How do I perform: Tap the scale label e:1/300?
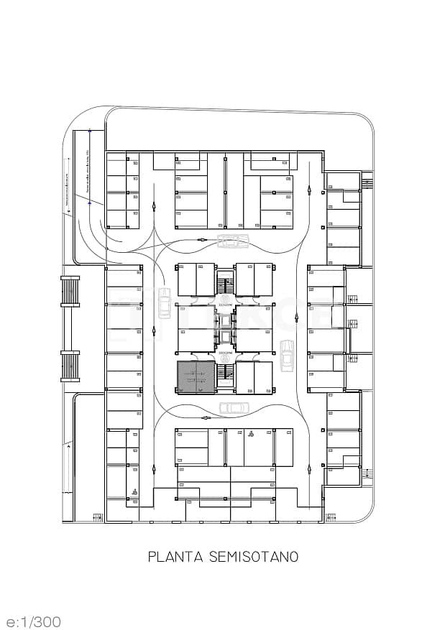pyautogui.click(x=33, y=621)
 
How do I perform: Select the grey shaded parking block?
pyautogui.click(x=196, y=377)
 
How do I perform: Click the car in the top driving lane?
pyautogui.click(x=232, y=241)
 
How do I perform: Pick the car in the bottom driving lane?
pyautogui.click(x=234, y=408)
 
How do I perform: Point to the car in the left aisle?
pyautogui.click(x=164, y=302)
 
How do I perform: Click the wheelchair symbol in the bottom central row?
pyautogui.click(x=251, y=434)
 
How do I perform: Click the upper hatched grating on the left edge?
pyautogui.click(x=70, y=292)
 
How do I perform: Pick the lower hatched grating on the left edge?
pyautogui.click(x=70, y=366)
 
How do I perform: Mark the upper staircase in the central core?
pyautogui.click(x=226, y=282)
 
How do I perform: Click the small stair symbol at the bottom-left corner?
pyautogui.click(x=97, y=516)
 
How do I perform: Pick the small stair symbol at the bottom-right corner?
pyautogui.click(x=331, y=516)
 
